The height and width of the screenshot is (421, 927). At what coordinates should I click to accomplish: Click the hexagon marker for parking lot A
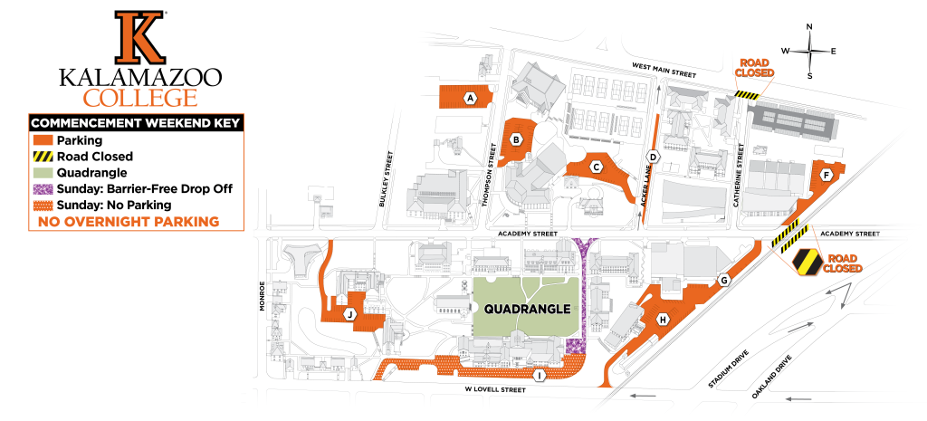470,98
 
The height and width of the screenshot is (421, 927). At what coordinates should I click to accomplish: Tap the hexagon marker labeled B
515,139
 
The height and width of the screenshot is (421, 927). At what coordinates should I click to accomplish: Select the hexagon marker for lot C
596,167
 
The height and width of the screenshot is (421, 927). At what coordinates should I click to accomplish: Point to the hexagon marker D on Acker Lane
653,156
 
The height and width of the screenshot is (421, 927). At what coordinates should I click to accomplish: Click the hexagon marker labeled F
825,174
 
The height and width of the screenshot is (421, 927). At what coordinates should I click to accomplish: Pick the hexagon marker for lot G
723,280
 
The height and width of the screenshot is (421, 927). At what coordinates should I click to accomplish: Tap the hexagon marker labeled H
663,319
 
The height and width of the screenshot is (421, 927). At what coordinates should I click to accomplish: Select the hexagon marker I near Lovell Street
540,375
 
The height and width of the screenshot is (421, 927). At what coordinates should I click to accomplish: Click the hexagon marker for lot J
349,314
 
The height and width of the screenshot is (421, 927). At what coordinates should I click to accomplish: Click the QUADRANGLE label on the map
528,309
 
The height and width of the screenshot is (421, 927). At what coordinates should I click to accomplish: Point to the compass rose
809,52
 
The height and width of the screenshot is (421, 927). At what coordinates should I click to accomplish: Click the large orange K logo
139,37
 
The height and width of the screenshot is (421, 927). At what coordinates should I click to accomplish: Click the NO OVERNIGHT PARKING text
129,220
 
